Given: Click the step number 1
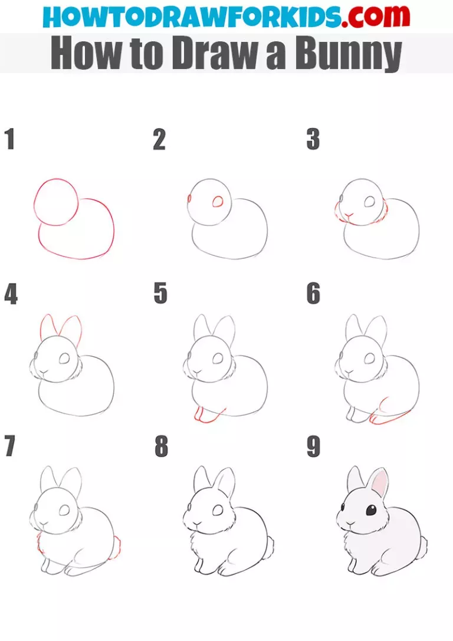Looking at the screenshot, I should pyautogui.click(x=9, y=140).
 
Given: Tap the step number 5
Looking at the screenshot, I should pyautogui.click(x=160, y=294).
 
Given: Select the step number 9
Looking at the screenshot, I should pyautogui.click(x=313, y=447).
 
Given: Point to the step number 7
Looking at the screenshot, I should pyautogui.click(x=9, y=447).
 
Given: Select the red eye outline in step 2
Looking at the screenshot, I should pyautogui.click(x=218, y=202).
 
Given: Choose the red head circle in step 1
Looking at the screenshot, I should pyautogui.click(x=56, y=202).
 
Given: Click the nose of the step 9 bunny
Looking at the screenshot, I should pyautogui.click(x=350, y=522).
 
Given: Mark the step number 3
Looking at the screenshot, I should pyautogui.click(x=313, y=140).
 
